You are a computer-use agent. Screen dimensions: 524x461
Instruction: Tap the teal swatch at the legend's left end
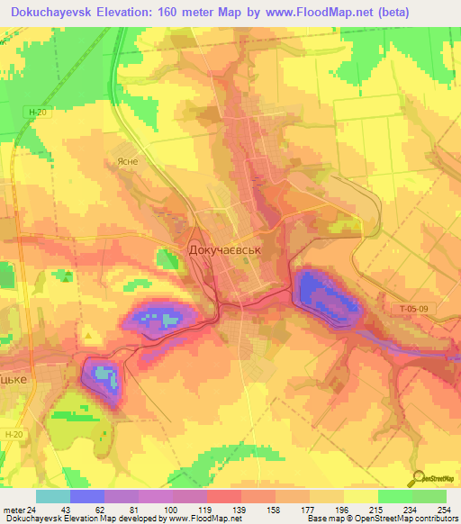[53, 496]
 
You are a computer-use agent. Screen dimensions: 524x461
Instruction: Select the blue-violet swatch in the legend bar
[87, 496]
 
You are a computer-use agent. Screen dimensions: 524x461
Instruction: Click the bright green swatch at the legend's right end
[429, 496]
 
